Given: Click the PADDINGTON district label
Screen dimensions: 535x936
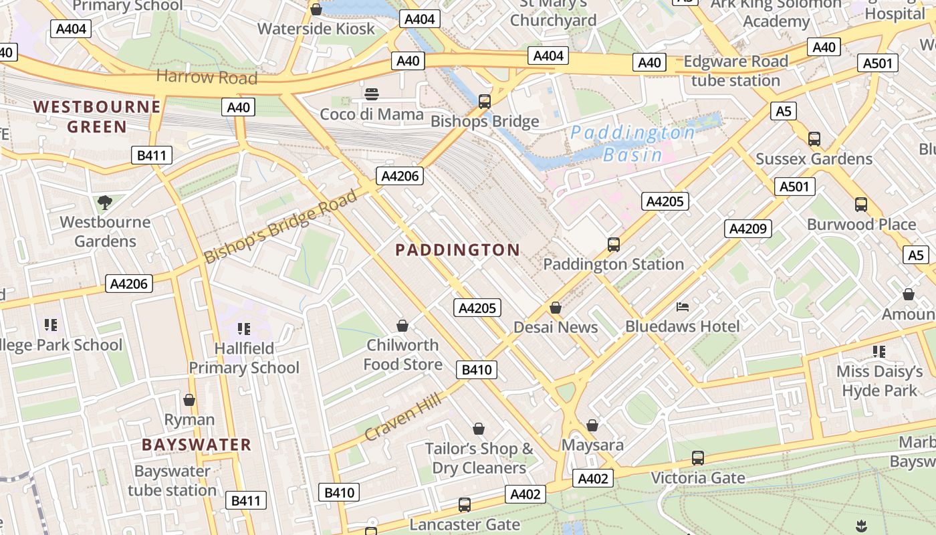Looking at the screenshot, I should point(457,250).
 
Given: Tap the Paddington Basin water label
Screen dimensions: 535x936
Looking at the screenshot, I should point(632,144).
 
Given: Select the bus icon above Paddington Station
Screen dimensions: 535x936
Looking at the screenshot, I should point(614,245).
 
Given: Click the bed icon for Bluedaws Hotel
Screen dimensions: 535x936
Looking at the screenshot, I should point(683,307).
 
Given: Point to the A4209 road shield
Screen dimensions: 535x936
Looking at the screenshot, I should point(748,229).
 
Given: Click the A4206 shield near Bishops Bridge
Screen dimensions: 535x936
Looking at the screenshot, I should point(400,176).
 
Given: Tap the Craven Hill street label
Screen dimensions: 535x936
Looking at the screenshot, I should point(402,417).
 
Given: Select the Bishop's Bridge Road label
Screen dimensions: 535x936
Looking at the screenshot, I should point(281,227).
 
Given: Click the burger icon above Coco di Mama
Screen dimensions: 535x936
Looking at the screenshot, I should point(372,94).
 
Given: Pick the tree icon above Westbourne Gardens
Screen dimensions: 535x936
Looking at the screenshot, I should point(104,202).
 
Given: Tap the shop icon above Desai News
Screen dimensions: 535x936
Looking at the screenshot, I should point(555,308).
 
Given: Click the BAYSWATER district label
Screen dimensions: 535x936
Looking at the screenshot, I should point(197,445).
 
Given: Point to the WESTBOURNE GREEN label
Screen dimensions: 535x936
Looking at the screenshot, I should point(97,116).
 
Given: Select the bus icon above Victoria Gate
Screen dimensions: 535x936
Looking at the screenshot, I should point(698,458).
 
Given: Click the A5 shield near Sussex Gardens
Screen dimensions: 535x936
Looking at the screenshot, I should point(783,111).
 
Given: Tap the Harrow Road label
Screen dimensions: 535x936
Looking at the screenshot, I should point(207,77).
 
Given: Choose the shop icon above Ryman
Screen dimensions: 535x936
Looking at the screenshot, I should point(189,400).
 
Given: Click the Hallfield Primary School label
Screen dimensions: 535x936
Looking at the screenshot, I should point(244,358).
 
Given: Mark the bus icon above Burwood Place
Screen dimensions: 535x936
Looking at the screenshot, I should point(861,205).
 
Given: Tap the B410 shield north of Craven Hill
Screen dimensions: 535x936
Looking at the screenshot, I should point(477,370).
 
